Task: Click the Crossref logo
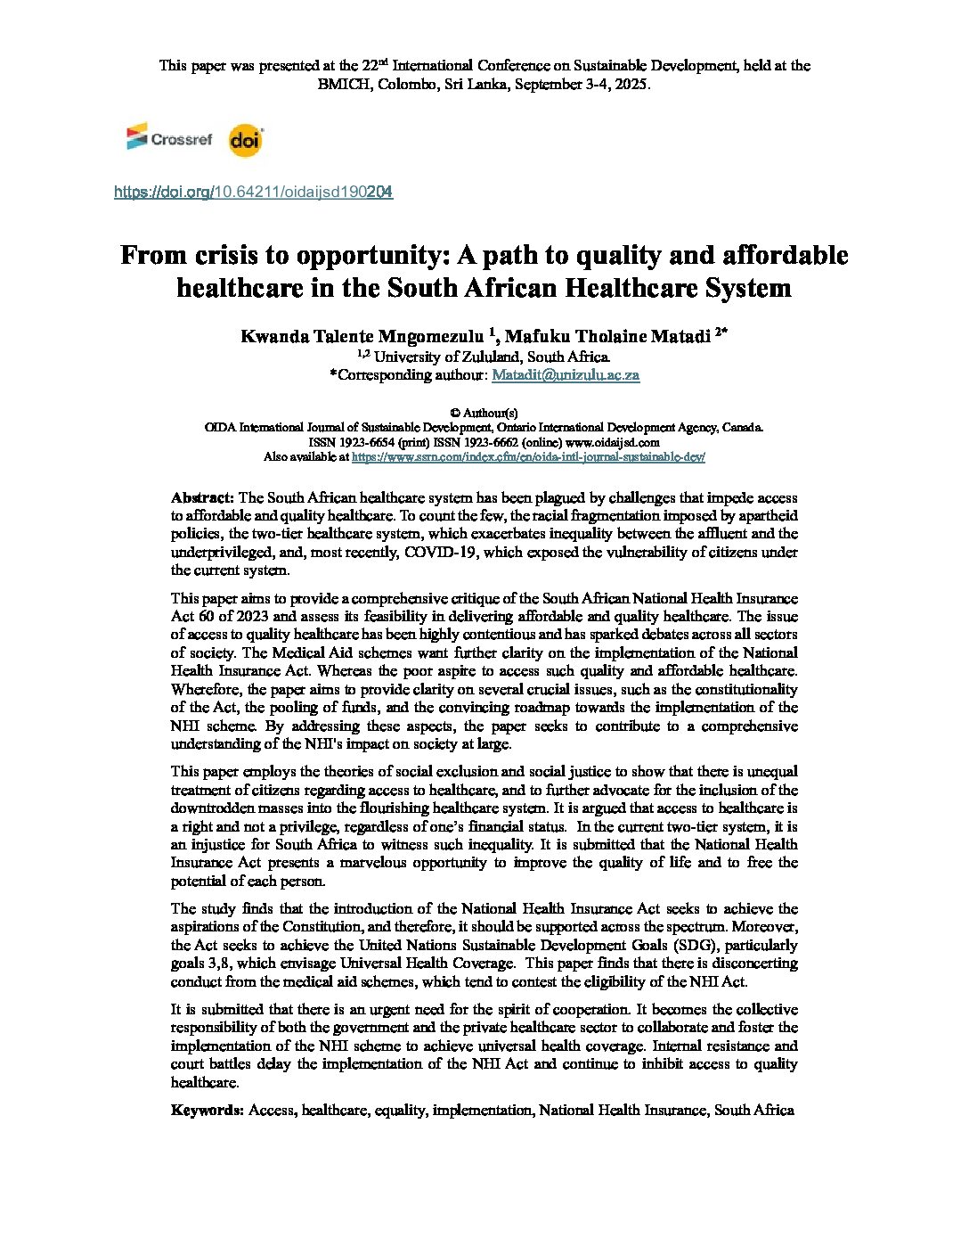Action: point(169,138)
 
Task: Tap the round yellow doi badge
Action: point(245,140)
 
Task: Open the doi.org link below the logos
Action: point(253,192)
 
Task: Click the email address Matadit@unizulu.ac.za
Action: point(566,375)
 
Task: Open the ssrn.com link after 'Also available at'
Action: point(528,456)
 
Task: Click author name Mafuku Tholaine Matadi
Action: point(607,336)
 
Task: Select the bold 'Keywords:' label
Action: point(207,1110)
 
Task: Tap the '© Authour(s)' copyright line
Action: point(484,413)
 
